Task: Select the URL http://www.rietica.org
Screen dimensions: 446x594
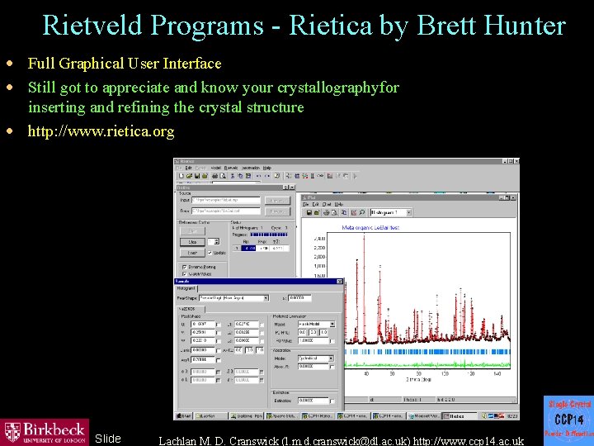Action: click(101, 131)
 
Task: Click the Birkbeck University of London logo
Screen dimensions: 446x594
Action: click(45, 430)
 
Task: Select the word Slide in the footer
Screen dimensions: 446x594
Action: click(107, 439)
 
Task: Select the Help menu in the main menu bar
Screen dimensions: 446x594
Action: click(266, 168)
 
